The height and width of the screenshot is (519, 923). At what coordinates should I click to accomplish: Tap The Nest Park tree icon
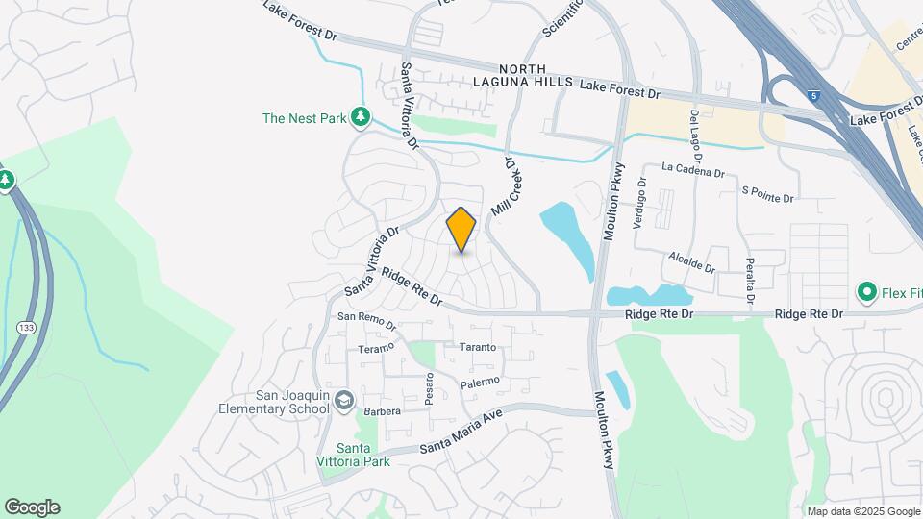tap(361, 117)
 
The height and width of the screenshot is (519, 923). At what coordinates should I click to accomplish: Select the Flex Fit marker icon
tap(866, 290)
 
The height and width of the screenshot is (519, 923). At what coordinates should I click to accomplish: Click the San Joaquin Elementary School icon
tap(340, 401)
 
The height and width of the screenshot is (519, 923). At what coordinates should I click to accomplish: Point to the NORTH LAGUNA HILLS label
tap(523, 76)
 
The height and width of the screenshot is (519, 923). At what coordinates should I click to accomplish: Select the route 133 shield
tap(22, 329)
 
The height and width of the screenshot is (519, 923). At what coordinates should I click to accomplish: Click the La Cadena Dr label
tap(692, 170)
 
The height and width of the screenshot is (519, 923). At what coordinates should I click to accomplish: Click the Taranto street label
tap(477, 347)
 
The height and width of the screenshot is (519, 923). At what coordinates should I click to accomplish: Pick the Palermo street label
tap(480, 383)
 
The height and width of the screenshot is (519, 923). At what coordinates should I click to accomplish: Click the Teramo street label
tap(376, 348)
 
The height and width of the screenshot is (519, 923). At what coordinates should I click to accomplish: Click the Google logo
tap(32, 507)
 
